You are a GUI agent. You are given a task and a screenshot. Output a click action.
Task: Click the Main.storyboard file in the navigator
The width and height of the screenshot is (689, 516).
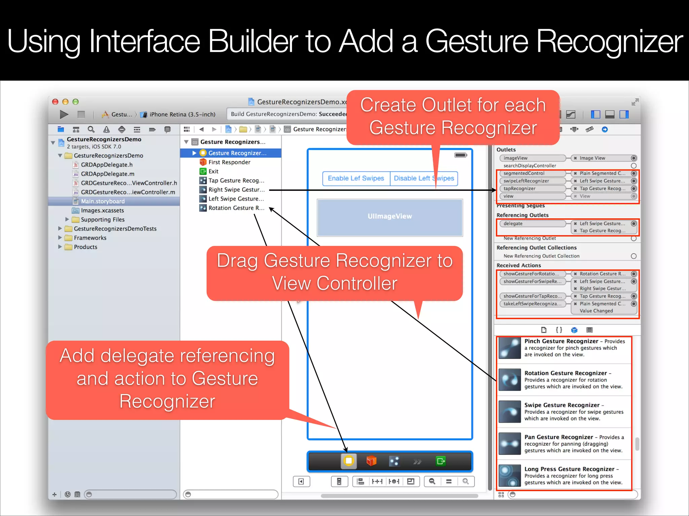click(x=103, y=201)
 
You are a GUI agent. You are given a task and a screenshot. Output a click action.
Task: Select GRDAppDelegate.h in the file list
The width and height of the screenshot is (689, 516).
click(x=106, y=165)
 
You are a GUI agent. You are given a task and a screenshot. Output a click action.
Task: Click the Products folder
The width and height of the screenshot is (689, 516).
click(x=85, y=247)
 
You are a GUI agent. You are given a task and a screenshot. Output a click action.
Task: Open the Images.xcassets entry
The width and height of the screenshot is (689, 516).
click(x=102, y=210)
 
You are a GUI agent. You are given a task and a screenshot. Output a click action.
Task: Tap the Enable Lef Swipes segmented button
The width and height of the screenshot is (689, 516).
click(x=356, y=178)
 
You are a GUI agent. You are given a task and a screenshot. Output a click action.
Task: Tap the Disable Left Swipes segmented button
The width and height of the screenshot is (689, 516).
click(x=424, y=178)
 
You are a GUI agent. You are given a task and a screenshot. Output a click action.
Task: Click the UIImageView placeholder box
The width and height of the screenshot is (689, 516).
click(x=390, y=217)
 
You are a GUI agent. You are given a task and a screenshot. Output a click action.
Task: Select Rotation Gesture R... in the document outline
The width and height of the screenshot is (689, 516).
click(x=236, y=208)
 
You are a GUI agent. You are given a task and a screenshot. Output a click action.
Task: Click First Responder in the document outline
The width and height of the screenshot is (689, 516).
click(x=229, y=162)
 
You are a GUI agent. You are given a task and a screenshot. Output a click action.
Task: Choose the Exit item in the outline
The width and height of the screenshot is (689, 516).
click(x=213, y=171)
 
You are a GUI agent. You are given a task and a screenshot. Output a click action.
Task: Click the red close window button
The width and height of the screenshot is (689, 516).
click(x=56, y=102)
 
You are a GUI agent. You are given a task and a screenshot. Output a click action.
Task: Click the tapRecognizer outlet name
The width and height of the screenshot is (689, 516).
click(x=519, y=188)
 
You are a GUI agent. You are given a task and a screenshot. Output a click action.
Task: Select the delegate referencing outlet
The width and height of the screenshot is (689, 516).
click(x=513, y=223)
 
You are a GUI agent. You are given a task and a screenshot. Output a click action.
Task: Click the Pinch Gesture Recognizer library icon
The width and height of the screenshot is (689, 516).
click(x=510, y=348)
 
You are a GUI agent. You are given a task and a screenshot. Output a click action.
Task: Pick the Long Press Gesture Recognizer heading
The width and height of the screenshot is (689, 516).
click(x=569, y=469)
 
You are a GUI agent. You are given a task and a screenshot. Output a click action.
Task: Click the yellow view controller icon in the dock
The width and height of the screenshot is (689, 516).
click(x=349, y=461)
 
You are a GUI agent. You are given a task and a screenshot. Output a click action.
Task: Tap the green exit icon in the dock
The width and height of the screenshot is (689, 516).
click(x=441, y=461)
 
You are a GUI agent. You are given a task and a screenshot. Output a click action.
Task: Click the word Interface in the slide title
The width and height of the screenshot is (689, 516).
click(x=145, y=42)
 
